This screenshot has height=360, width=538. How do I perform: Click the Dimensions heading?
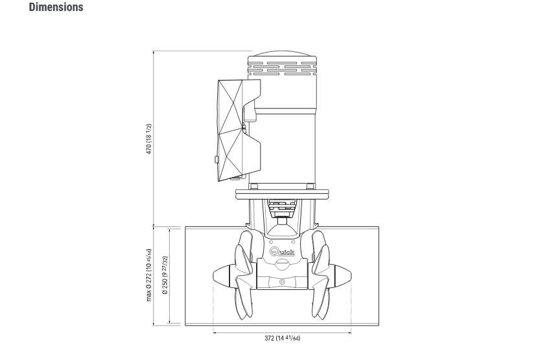(56, 7)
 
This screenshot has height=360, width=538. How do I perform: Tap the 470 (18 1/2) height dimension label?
(148, 139)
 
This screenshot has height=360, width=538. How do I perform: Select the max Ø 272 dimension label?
(148, 275)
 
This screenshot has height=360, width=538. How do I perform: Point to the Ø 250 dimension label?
(165, 275)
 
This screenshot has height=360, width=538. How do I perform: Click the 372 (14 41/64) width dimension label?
(282, 338)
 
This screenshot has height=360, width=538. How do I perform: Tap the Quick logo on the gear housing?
(282, 252)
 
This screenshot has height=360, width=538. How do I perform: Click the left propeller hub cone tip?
(213, 275)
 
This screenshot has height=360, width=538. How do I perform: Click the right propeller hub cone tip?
(351, 275)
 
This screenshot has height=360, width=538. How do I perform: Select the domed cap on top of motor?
(282, 54)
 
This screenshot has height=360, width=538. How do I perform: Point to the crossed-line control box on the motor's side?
(239, 130)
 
